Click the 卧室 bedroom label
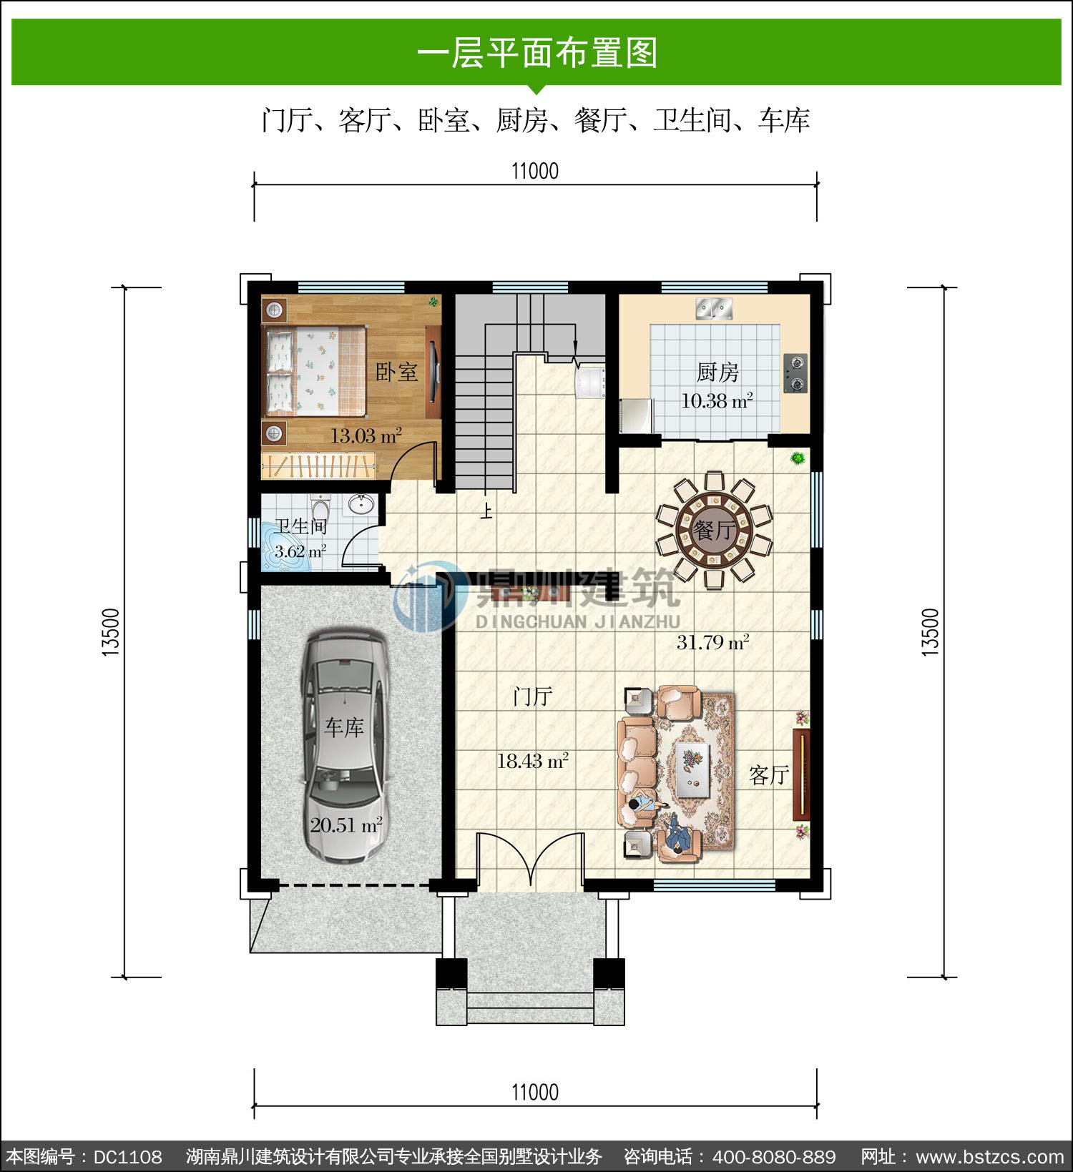click(396, 372)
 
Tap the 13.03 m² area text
click(365, 435)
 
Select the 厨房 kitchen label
click(717, 372)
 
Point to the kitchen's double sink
click(715, 309)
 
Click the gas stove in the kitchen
click(795, 373)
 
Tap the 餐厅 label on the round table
click(715, 531)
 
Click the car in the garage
click(346, 746)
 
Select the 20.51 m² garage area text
click(346, 825)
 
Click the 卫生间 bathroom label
click(301, 526)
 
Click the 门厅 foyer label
click(533, 696)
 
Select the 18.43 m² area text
click(533, 761)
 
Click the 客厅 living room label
click(769, 774)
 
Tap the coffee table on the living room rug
click(688, 768)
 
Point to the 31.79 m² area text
click(713, 642)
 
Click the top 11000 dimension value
click(535, 171)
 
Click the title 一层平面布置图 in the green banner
click(537, 53)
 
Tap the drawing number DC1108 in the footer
click(128, 1156)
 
